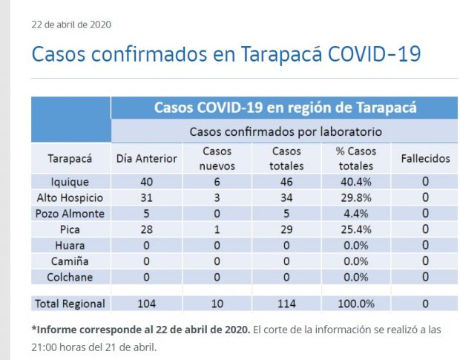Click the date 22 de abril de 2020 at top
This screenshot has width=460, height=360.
71,24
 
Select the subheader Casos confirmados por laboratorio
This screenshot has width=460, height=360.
286,132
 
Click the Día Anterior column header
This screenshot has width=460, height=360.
147,159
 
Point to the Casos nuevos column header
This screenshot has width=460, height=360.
217,159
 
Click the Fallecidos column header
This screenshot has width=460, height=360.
425,159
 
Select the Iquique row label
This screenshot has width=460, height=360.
70,181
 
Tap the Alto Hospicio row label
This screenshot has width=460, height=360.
70,197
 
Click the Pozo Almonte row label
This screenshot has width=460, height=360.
70,214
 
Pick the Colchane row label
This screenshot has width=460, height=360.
70,278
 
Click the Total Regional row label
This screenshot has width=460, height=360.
70,304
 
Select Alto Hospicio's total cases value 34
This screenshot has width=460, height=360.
286,197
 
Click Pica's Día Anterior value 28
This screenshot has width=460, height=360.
147,229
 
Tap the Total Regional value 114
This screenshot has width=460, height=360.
286,304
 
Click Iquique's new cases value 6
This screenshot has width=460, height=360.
217,181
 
